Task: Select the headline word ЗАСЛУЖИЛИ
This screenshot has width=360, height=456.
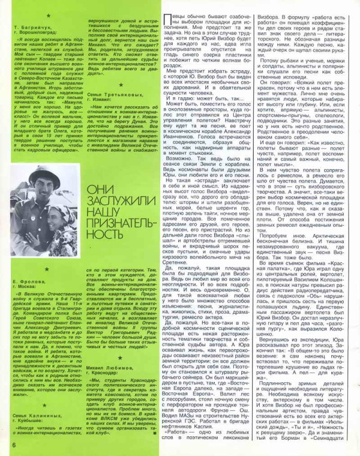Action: click(x=115, y=204)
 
